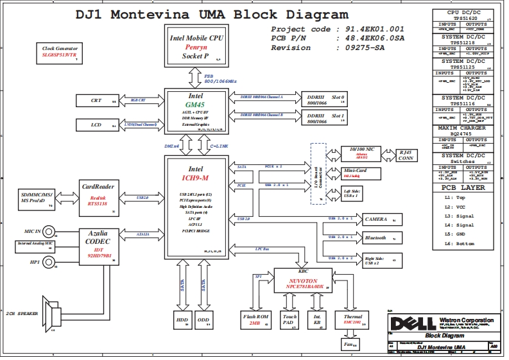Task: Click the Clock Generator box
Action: (x=60, y=52)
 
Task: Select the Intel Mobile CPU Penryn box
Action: (x=196, y=46)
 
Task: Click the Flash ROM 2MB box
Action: (x=254, y=320)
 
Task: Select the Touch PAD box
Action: (x=289, y=320)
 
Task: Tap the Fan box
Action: (x=349, y=344)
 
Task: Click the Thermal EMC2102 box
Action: (x=353, y=320)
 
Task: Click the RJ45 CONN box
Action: (x=405, y=155)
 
